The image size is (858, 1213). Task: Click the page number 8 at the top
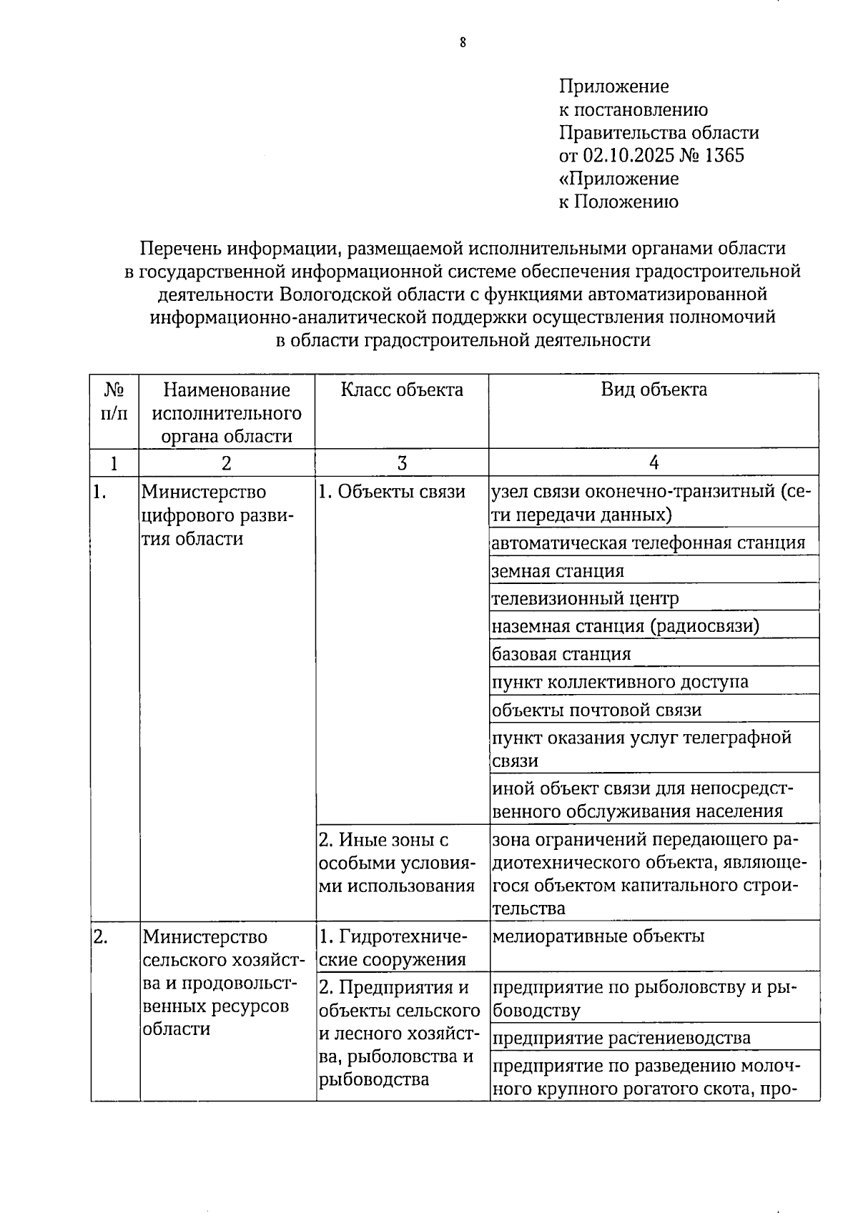463,43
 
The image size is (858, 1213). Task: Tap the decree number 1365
724,156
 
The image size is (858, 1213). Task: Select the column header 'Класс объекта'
401,390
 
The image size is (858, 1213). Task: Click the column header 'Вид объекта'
654,390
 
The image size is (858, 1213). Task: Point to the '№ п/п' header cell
114,402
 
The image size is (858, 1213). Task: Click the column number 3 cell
402,463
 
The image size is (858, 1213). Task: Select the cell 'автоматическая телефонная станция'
648,543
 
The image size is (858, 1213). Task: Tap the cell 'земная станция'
558,571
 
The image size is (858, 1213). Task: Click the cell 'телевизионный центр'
585,598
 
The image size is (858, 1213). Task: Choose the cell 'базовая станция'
561,654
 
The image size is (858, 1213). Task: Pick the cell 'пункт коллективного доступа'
620,682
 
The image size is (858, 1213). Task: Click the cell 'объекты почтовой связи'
597,710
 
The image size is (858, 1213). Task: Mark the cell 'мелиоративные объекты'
598,936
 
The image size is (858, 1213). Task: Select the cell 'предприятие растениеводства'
621,1038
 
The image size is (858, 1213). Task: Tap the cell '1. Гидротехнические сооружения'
393,948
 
